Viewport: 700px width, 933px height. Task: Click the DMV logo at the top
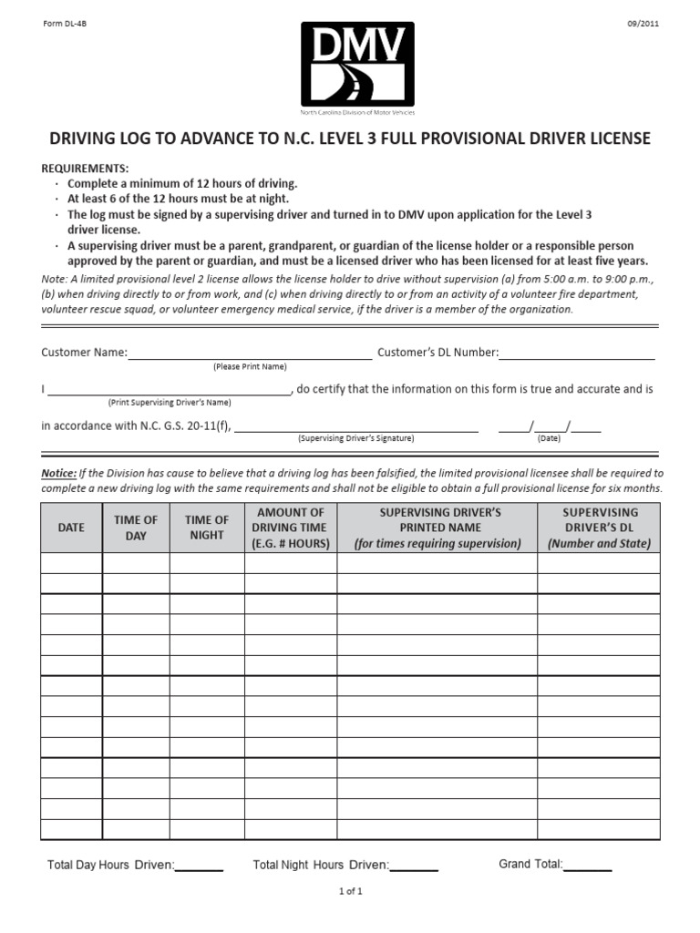(x=357, y=63)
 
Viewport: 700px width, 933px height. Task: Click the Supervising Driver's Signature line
(x=356, y=426)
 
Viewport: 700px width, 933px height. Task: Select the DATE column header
(x=71, y=528)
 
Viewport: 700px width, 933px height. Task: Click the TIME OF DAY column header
(x=136, y=528)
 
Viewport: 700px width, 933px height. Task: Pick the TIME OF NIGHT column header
(x=207, y=528)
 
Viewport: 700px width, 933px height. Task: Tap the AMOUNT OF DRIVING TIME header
(x=291, y=528)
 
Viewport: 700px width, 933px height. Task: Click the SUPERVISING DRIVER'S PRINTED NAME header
(x=437, y=528)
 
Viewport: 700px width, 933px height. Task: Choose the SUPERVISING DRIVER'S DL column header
(x=599, y=528)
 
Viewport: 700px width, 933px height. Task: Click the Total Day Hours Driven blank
(x=199, y=866)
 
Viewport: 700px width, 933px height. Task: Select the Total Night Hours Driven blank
(x=414, y=866)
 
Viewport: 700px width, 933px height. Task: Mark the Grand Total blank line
(x=588, y=866)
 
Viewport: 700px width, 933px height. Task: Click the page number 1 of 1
(x=350, y=892)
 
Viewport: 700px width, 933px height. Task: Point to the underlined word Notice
(x=58, y=474)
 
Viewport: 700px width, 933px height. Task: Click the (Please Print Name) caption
(x=250, y=366)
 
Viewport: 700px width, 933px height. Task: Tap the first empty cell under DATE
(x=71, y=563)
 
